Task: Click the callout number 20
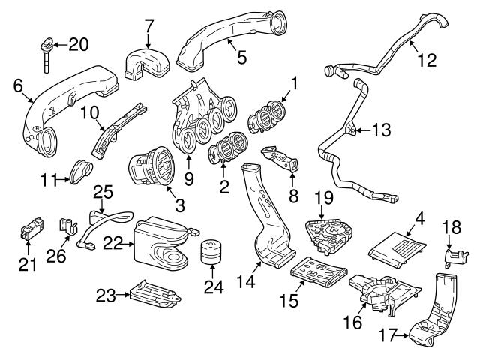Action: point(77,44)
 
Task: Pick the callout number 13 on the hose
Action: point(381,130)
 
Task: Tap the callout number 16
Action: point(352,322)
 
